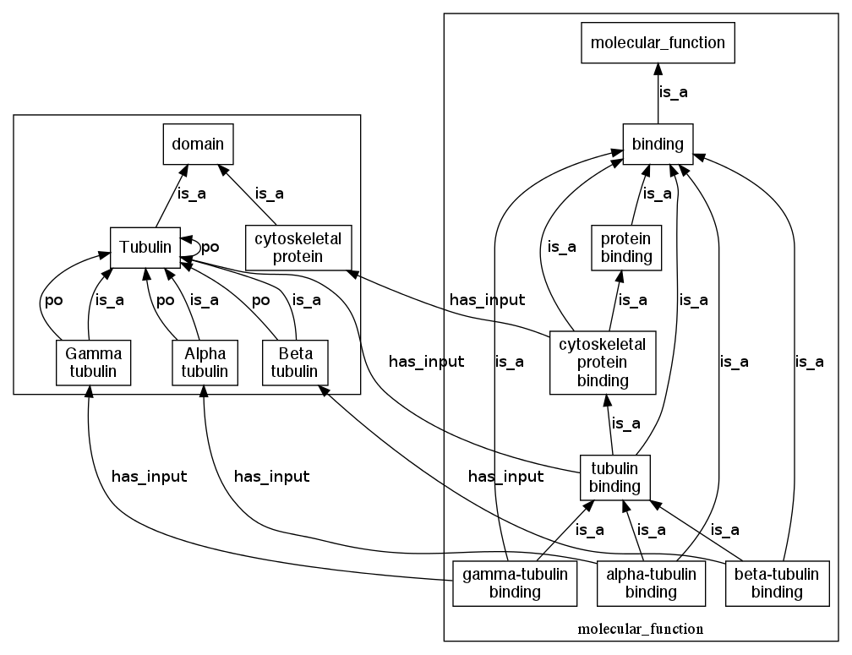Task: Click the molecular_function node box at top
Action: [x=658, y=42]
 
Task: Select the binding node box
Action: [x=658, y=145]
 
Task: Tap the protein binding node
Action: [x=625, y=246]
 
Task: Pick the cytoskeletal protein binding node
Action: [x=603, y=363]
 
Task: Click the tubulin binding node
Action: [x=614, y=477]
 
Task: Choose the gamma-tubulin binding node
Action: [x=515, y=583]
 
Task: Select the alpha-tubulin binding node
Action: [x=651, y=583]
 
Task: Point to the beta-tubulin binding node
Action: [x=777, y=583]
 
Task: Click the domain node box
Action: [x=198, y=145]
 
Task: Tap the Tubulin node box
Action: [x=145, y=247]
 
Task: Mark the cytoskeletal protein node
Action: [x=298, y=247]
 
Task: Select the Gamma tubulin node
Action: [x=92, y=362]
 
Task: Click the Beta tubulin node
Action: [x=295, y=362]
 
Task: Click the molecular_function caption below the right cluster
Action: [x=641, y=630]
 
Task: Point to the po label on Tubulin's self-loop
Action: [x=210, y=247]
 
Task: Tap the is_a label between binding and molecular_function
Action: [x=673, y=92]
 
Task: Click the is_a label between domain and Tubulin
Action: [x=192, y=194]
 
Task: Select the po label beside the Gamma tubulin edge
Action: [x=53, y=299]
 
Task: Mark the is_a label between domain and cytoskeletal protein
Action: [x=269, y=194]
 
